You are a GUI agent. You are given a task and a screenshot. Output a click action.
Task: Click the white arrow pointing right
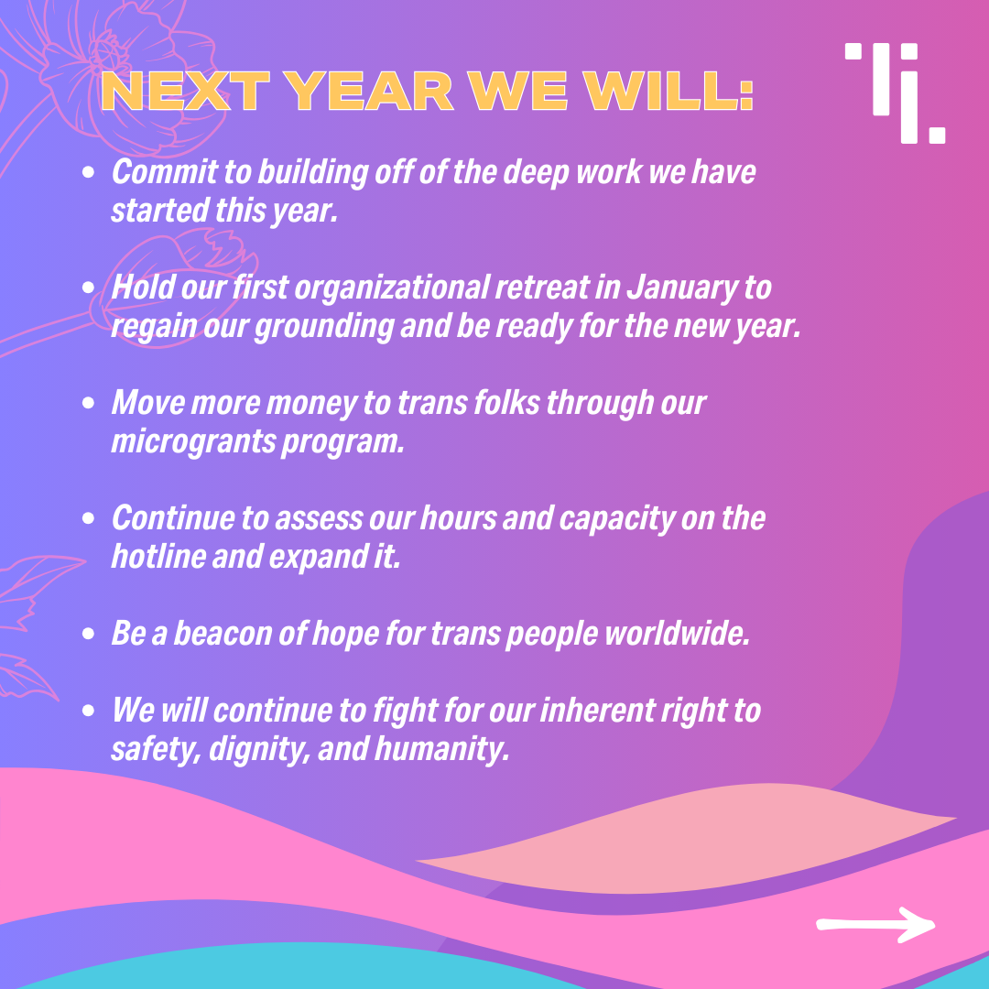[875, 925]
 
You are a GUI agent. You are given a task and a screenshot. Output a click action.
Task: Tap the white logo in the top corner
[895, 92]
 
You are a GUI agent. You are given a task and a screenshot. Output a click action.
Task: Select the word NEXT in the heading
[185, 92]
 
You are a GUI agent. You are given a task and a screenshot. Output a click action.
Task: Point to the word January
[681, 288]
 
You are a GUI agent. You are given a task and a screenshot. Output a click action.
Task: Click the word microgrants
[193, 442]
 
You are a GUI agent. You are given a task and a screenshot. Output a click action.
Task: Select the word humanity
[441, 750]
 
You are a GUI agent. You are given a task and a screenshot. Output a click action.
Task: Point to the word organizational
[392, 288]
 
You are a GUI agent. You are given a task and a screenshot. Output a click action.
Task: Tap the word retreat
[542, 288]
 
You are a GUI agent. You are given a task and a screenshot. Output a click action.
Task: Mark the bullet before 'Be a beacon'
[88, 634]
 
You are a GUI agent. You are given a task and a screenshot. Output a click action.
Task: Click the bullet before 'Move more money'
[88, 402]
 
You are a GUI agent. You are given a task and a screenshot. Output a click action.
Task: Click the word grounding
[323, 327]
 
